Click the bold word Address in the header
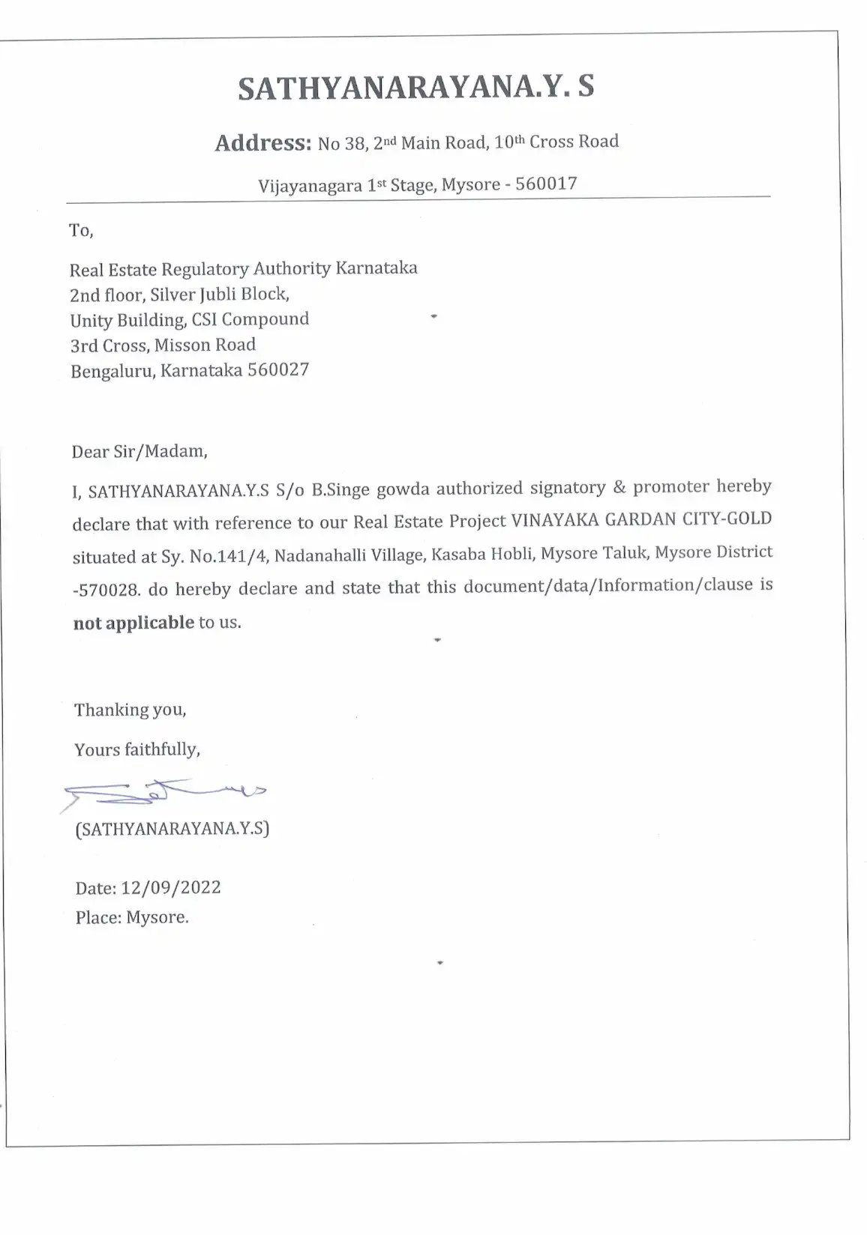coord(262,142)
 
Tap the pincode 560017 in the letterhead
coord(546,184)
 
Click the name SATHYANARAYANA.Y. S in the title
coord(416,88)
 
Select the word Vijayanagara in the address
coord(310,185)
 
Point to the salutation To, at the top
coord(81,231)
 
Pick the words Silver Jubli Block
coord(219,295)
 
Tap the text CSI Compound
coord(250,319)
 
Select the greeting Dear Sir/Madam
coord(139,451)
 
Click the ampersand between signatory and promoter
coord(619,487)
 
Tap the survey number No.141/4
coord(223,557)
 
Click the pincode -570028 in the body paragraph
coord(106,590)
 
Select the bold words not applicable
coord(133,623)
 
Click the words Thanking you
coord(130,710)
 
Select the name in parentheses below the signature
coord(172,829)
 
